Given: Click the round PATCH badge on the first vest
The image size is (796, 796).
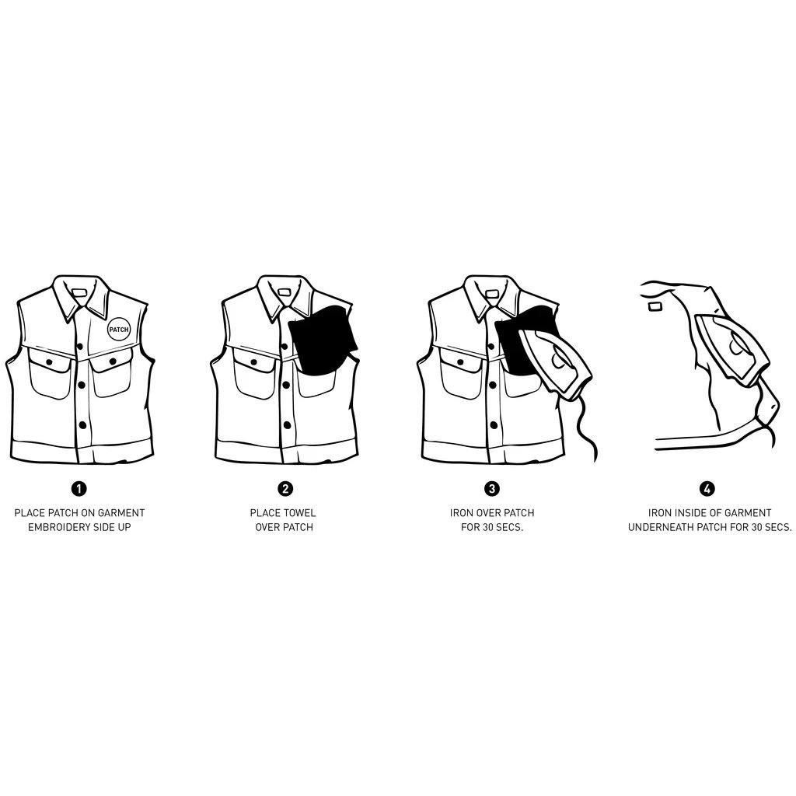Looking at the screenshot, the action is point(119,330).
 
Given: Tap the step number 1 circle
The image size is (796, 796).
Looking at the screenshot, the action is point(79,488).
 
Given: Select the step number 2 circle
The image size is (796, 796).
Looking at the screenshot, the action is point(285,488).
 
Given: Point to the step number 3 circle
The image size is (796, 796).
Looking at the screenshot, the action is point(492,488).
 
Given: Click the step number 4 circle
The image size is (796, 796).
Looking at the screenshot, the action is point(707,488).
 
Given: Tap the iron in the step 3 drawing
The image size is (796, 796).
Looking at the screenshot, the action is point(556,363).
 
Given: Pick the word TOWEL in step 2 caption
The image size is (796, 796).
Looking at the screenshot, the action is point(300,513).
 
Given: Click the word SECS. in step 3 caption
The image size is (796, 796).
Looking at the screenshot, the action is point(509,527).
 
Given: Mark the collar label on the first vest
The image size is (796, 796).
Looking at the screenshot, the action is point(80,292).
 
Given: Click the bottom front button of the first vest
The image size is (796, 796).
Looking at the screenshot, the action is point(82,425).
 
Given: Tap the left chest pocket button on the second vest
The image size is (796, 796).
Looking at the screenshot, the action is point(254,362).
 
